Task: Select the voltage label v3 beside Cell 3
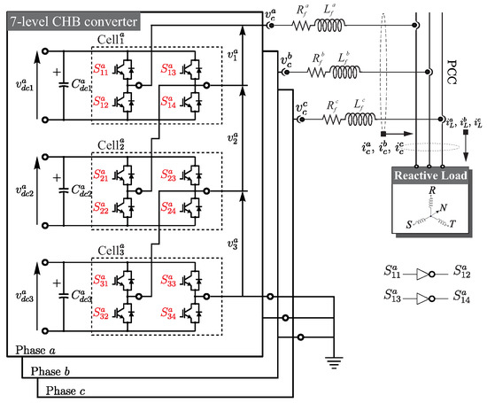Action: pyautogui.click(x=233, y=245)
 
